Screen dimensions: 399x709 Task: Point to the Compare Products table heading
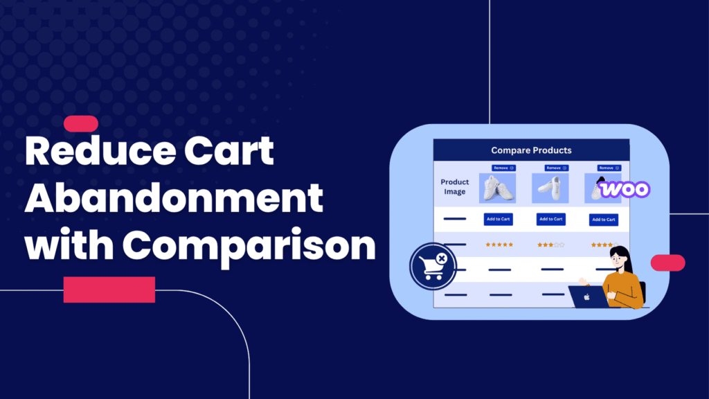531,150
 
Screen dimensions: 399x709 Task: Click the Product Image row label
455,187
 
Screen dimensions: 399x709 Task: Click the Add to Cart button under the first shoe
498,219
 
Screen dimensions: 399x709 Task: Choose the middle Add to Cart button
550,219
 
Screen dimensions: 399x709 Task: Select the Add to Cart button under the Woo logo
603,220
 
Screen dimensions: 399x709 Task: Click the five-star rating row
499,245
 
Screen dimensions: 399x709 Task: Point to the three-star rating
550,245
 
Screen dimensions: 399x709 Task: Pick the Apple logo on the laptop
586,297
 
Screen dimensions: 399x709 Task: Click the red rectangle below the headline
109,290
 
